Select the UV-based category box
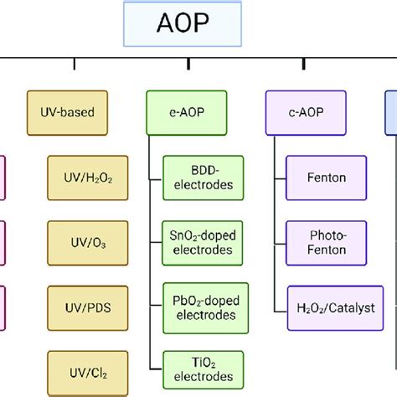(67, 111)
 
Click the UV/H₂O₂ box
(80, 178)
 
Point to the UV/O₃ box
(80, 242)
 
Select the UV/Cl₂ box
(80, 369)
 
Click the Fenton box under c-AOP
(326, 178)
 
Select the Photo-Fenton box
(326, 241)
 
